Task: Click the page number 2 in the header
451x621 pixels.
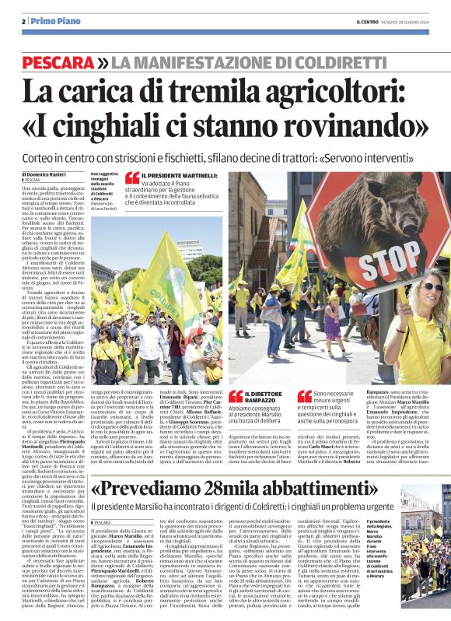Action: click(23, 20)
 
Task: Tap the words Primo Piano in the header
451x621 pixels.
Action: click(50, 20)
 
